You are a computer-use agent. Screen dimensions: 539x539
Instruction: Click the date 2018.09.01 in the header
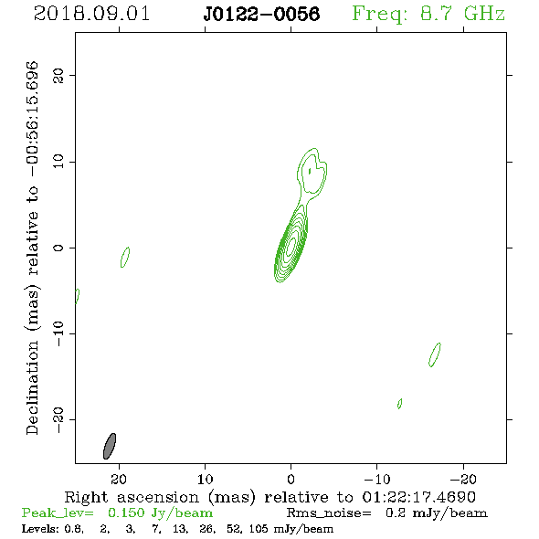click(x=91, y=14)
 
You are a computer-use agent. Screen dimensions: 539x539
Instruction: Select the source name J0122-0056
click(x=261, y=14)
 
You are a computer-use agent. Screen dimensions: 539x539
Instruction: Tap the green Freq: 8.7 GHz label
click(x=428, y=14)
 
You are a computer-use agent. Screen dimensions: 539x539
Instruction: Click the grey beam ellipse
click(x=110, y=446)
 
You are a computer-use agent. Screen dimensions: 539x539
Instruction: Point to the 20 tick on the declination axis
click(x=58, y=75)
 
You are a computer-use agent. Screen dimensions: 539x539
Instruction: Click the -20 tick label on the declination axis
click(x=58, y=419)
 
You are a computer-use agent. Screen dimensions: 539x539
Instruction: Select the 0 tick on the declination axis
click(x=58, y=248)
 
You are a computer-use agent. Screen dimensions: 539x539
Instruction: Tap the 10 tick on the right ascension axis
click(x=206, y=479)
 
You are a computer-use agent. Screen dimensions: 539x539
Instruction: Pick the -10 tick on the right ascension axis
click(x=377, y=479)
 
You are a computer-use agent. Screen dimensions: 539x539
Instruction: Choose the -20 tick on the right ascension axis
click(x=463, y=479)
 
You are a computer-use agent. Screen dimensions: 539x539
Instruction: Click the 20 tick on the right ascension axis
click(x=119, y=479)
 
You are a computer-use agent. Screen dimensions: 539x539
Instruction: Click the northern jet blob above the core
click(x=312, y=171)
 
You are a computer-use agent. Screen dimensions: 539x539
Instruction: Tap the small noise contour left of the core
click(x=125, y=257)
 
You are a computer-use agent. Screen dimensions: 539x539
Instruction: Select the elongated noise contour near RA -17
click(x=435, y=354)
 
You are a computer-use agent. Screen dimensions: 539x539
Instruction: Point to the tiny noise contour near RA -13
click(x=400, y=404)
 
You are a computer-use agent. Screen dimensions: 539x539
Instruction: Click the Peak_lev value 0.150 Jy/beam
click(x=160, y=513)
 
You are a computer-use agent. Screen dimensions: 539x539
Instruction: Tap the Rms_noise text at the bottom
click(x=329, y=513)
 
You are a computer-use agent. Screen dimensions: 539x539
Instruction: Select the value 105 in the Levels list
click(x=259, y=528)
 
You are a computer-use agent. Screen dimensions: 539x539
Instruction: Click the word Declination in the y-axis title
click(x=32, y=387)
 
